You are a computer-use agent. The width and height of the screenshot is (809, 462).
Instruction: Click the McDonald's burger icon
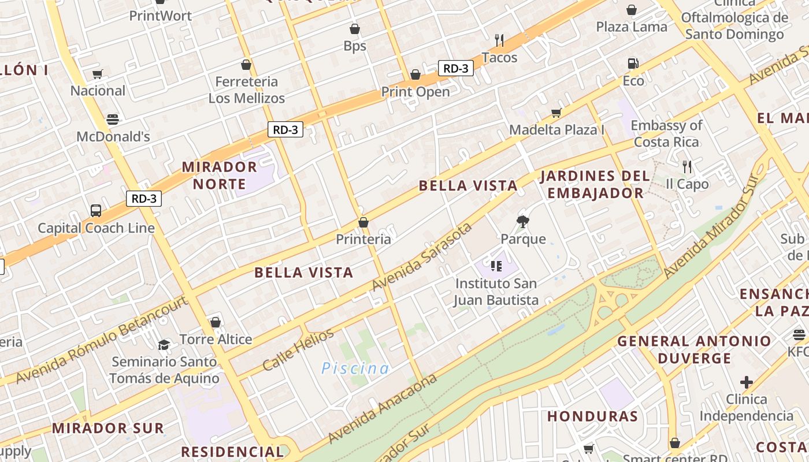pos(113,120)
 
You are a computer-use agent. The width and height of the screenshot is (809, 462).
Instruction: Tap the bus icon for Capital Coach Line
pos(96,211)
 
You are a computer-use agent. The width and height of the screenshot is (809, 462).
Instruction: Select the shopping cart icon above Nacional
pos(97,74)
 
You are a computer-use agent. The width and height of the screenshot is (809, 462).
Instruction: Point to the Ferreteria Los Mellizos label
pos(247,90)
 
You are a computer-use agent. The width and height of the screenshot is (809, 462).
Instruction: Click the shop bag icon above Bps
pos(355,29)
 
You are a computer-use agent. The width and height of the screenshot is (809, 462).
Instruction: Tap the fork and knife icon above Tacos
pos(499,40)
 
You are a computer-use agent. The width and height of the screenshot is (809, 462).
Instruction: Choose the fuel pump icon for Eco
pos(633,64)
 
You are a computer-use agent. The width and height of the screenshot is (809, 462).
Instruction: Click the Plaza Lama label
pos(631,27)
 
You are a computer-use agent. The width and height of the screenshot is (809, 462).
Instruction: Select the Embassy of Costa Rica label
pos(666,133)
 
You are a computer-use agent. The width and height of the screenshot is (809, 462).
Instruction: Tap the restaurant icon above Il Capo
pos(686,167)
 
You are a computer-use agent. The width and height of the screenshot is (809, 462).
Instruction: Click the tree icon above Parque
pos(523,221)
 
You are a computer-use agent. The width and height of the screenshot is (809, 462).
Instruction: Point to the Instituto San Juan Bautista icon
pos(496,266)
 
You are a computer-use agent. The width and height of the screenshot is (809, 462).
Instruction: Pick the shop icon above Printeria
pos(363,222)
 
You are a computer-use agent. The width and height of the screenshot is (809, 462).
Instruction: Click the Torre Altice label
pos(216,339)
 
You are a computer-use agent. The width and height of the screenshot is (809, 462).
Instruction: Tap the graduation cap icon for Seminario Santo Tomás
pos(164,345)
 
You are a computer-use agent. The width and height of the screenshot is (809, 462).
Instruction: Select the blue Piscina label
pos(355,368)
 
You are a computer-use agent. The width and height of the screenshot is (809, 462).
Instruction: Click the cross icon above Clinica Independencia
pos(747,382)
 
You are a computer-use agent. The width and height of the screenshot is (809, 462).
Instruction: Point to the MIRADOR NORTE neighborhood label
pos(220,176)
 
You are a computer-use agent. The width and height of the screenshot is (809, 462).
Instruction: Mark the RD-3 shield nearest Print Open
pos(455,68)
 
